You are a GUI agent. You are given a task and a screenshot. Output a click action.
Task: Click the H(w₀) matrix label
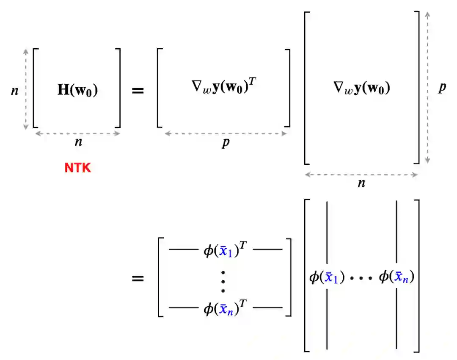77,91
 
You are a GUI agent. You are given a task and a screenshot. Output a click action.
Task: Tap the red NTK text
78,168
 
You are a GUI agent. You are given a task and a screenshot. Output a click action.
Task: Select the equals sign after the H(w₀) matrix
138,91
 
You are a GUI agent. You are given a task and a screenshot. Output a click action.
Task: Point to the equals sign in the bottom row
138,279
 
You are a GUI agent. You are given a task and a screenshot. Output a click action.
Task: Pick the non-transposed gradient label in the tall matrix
361,88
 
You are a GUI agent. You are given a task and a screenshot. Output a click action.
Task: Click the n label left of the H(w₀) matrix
15,90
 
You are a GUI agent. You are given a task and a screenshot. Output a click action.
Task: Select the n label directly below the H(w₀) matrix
78,142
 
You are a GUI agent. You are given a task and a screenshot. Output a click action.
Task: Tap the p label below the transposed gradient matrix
226,143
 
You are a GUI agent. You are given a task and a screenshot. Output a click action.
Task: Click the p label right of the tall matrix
442,88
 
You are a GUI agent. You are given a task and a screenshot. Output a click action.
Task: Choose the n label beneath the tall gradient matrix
361,183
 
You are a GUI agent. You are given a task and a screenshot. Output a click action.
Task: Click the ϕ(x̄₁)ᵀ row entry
226,249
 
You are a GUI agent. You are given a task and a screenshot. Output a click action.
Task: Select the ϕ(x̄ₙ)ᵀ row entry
226,308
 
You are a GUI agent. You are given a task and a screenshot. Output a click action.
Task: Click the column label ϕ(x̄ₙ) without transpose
396,277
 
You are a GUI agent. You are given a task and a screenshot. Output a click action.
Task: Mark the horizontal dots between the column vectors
362,278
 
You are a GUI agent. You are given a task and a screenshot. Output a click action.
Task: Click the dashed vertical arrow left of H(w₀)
26,89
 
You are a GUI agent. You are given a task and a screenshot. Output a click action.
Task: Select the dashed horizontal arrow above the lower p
226,133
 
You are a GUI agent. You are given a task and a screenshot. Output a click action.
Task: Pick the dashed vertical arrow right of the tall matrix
427,87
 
